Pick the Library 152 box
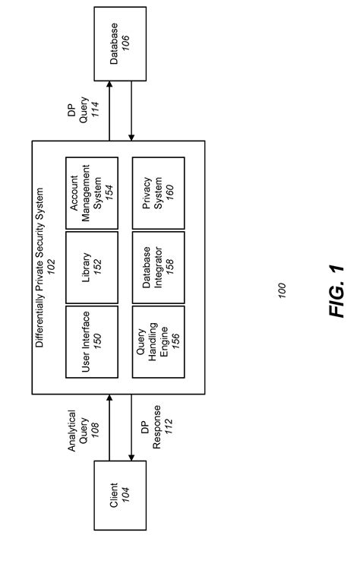91,266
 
